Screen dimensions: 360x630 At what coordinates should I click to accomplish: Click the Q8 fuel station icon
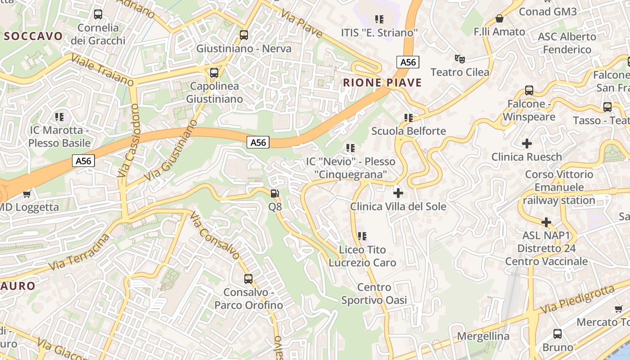274,193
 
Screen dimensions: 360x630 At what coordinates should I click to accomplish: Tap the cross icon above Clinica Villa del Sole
398,193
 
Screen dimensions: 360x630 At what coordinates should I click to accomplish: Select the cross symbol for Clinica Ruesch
526,144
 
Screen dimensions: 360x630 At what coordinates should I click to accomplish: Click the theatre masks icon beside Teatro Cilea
459,58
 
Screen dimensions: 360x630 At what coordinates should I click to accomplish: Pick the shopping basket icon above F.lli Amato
499,18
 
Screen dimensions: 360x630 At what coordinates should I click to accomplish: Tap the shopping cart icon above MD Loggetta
27,194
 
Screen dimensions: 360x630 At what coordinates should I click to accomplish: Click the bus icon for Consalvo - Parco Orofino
248,279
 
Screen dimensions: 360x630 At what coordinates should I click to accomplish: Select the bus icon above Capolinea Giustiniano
214,72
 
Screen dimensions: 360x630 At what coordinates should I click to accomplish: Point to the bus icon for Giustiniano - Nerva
244,35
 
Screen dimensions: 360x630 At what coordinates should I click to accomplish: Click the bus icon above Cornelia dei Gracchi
98,14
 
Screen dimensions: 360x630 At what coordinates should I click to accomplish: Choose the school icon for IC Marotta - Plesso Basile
59,117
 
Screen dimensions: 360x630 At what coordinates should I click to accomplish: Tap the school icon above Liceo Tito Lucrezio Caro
362,236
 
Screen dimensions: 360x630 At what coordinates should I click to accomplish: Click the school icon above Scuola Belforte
409,118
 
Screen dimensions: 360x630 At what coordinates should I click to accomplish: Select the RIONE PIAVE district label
382,83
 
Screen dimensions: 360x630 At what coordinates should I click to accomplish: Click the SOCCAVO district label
32,36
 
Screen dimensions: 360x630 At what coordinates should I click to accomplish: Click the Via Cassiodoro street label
130,140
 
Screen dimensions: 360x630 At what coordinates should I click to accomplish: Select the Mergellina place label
483,336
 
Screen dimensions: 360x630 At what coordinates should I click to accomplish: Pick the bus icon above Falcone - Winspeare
529,90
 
